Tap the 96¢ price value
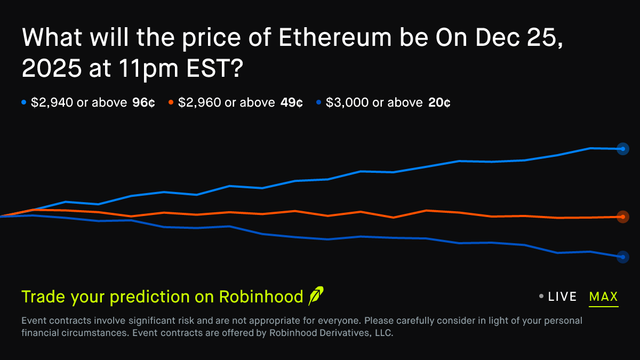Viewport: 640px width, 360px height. point(143,103)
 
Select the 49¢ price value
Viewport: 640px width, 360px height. point(291,103)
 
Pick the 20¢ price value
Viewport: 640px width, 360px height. point(439,103)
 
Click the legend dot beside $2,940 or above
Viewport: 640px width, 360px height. point(24,102)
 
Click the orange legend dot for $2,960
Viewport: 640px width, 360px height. point(171,102)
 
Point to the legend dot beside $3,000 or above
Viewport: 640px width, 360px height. point(319,102)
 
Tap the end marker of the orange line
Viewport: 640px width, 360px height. point(622,217)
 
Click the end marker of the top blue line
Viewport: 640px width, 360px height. point(622,149)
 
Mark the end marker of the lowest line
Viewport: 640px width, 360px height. point(622,257)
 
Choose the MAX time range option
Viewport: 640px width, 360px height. point(603,297)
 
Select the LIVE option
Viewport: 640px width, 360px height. point(562,297)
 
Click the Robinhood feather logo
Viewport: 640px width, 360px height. point(316,296)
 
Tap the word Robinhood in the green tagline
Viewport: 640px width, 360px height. point(261,297)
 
